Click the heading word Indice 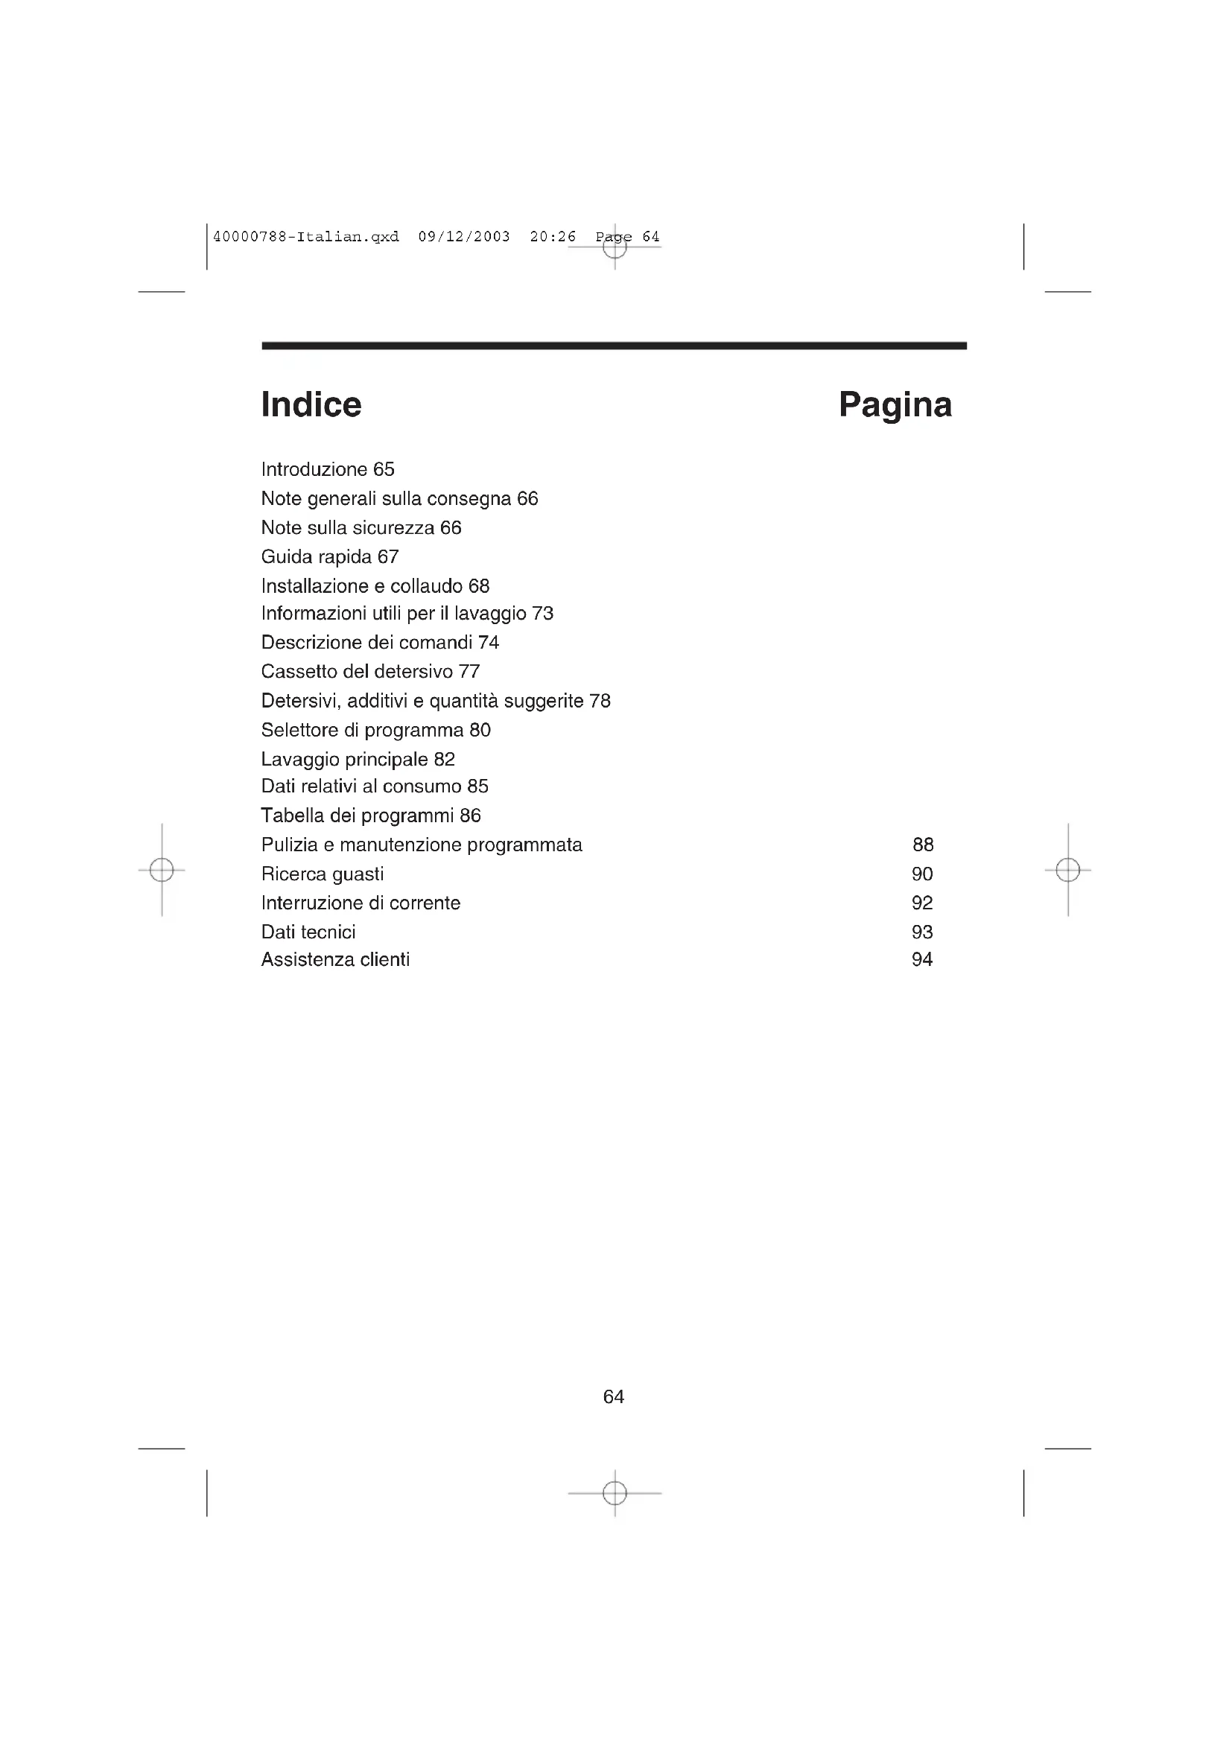[x=311, y=404]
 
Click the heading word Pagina [x=895, y=404]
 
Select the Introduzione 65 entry [x=328, y=470]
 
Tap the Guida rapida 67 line [x=330, y=557]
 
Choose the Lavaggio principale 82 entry [x=358, y=760]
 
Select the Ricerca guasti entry [x=323, y=874]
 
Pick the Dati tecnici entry [x=308, y=932]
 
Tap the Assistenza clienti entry [x=335, y=960]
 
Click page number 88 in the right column [x=922, y=845]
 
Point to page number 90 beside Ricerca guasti [x=921, y=874]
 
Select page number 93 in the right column [x=921, y=932]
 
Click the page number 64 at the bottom [x=614, y=1396]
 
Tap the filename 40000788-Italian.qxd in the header [x=305, y=237]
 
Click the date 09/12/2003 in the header [x=464, y=237]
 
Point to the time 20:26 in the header [x=553, y=237]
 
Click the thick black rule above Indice [x=614, y=346]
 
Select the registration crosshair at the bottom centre [x=615, y=1493]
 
